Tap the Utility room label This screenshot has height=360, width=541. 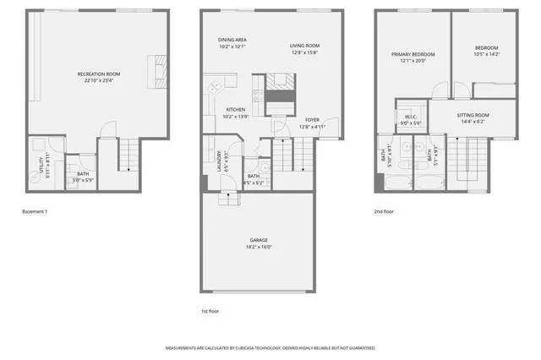pyautogui.click(x=40, y=170)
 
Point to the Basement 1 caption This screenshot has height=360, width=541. pyautogui.click(x=35, y=211)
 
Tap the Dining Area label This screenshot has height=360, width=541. pyautogui.click(x=232, y=40)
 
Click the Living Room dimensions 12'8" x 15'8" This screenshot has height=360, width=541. pyautogui.click(x=304, y=52)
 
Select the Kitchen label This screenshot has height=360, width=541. pyautogui.click(x=235, y=110)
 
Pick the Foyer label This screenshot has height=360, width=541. pyautogui.click(x=312, y=120)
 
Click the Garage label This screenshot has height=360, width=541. pyautogui.click(x=259, y=240)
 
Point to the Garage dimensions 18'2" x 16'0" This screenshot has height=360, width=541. pyautogui.click(x=259, y=247)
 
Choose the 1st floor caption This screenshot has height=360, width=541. pyautogui.click(x=211, y=312)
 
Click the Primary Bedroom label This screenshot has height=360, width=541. pyautogui.click(x=413, y=54)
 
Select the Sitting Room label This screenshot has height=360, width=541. pyautogui.click(x=473, y=115)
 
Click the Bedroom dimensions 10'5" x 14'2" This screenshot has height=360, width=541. pyautogui.click(x=486, y=54)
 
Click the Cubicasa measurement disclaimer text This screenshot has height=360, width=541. pyautogui.click(x=270, y=347)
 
